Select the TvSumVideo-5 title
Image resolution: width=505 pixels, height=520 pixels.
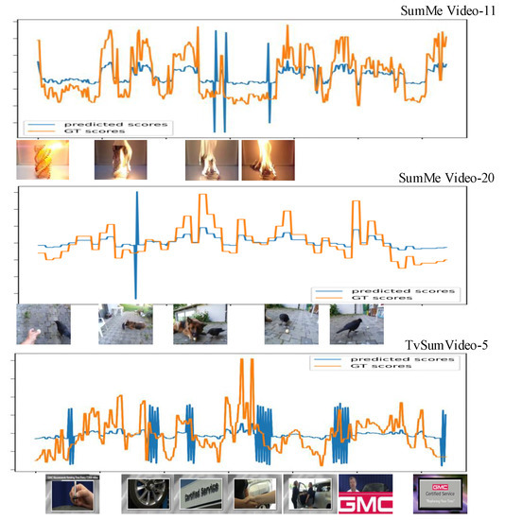pos(440,347)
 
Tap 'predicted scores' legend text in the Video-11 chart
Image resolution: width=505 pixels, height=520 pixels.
pos(117,124)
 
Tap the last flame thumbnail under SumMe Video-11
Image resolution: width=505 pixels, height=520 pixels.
pos(268,159)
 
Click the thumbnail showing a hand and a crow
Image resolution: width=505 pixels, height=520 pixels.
pos(44,324)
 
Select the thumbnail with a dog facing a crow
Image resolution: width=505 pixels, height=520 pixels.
pos(200,324)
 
